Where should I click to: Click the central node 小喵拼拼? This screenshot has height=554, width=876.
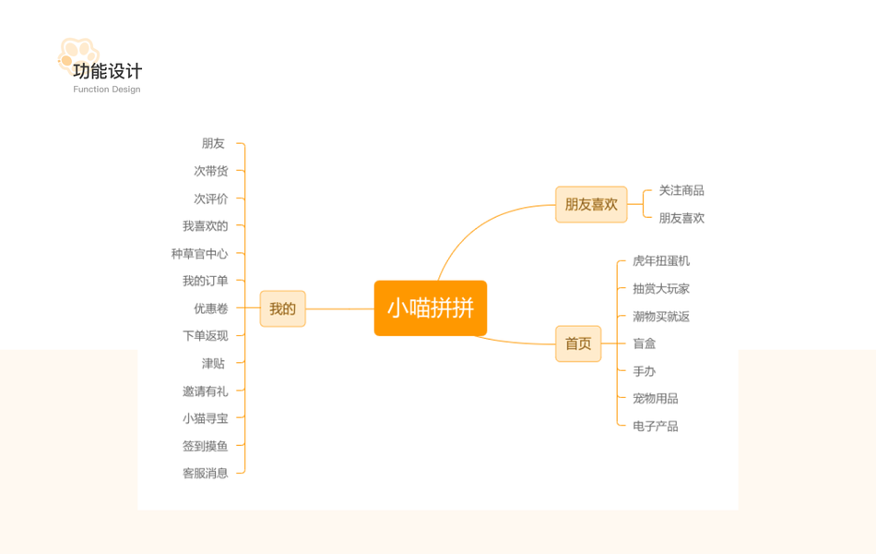(431, 308)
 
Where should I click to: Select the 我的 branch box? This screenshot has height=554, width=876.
(282, 308)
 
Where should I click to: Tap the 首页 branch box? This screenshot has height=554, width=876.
(578, 343)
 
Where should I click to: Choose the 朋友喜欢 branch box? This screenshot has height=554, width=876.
(591, 204)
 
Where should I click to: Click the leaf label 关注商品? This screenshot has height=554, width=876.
(681, 190)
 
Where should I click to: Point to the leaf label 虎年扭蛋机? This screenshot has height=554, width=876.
(660, 261)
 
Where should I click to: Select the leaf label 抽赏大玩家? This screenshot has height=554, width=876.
(660, 289)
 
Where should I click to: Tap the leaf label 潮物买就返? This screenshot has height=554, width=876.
(660, 317)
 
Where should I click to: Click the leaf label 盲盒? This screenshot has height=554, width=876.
(644, 343)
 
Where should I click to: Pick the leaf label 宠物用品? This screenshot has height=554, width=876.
(655, 399)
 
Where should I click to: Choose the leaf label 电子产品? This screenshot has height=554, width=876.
(655, 427)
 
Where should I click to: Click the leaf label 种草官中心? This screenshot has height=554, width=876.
(199, 254)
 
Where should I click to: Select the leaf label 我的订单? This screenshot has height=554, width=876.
(205, 281)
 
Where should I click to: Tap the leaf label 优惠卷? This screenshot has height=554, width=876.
(210, 308)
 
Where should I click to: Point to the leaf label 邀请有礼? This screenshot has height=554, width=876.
(205, 391)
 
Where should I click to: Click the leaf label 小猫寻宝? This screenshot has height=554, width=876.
(205, 418)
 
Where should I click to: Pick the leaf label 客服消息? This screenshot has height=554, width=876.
(205, 474)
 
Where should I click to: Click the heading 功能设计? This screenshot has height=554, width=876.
(108, 71)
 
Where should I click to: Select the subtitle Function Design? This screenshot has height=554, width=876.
(107, 90)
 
